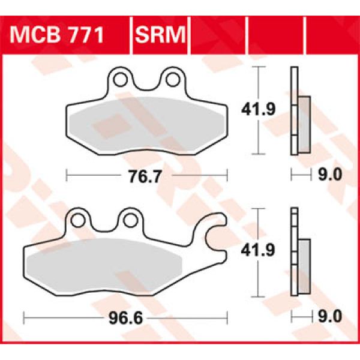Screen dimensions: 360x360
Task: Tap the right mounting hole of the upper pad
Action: pos(172,78)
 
